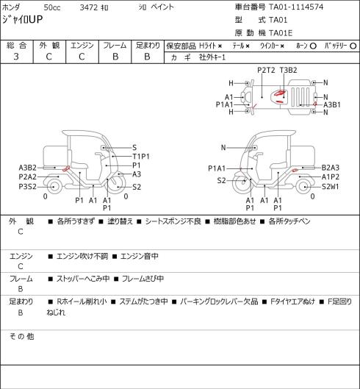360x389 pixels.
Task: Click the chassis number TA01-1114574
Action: point(296,7)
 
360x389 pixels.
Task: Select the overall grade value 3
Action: point(16,57)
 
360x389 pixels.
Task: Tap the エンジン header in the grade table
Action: point(82,46)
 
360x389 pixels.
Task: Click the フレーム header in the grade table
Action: point(115,46)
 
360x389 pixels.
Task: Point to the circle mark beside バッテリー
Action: point(353,46)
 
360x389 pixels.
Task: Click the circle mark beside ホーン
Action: point(313,46)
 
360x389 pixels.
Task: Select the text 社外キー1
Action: point(212,57)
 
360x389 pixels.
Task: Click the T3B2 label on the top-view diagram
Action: point(288,70)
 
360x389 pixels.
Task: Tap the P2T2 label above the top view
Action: point(266,70)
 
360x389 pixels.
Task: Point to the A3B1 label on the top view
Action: point(332,105)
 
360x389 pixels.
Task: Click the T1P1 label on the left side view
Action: point(141,157)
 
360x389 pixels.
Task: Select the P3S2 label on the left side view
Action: point(27,187)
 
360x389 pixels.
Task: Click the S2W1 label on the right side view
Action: point(331,187)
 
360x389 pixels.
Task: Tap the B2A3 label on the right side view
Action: point(331,168)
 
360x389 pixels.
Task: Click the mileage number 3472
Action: point(89,7)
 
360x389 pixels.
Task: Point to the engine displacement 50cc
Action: point(52,7)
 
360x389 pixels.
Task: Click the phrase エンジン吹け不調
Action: point(82,256)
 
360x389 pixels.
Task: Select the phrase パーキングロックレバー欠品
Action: point(219,301)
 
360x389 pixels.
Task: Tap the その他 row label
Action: point(21,336)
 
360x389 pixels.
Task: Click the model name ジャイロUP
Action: point(22,20)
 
